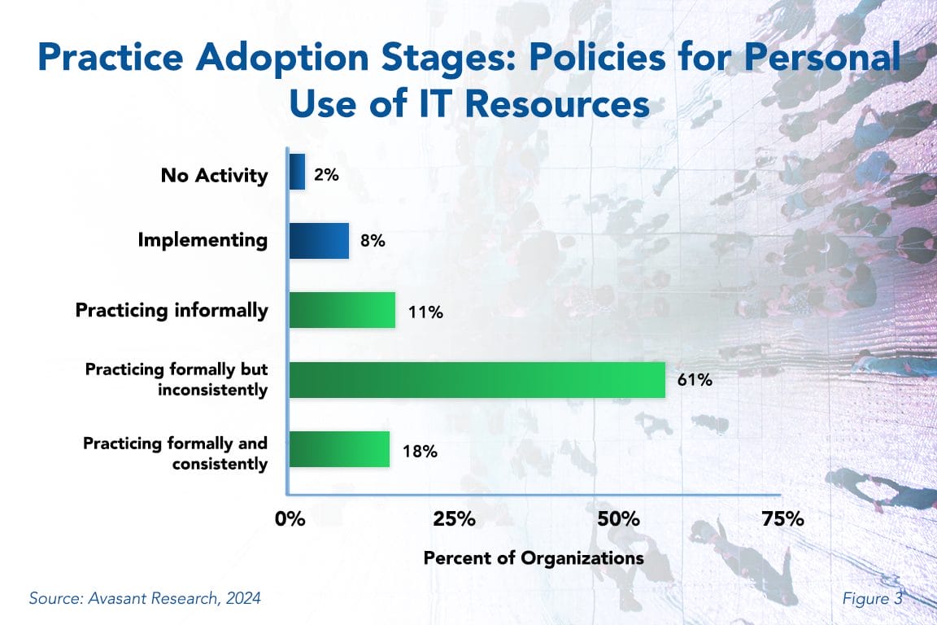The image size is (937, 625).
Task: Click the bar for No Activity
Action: coord(297,173)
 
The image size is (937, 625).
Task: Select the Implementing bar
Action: coord(319,241)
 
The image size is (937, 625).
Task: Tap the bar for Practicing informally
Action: coord(342,310)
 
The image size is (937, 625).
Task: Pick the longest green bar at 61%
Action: coord(477,379)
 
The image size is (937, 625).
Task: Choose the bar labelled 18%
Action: coord(339,449)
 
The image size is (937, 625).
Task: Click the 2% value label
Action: coord(326,173)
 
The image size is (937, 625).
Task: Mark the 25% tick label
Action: coord(453,519)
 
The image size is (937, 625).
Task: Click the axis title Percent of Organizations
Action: coord(534,558)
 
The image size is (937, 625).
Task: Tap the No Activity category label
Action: coord(214,175)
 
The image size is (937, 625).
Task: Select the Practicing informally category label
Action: coord(172,311)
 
